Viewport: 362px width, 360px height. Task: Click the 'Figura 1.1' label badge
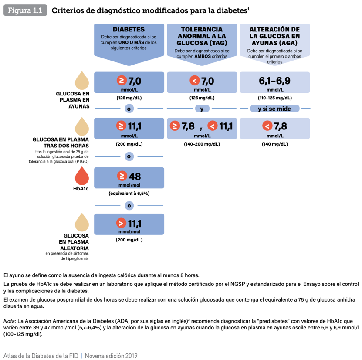[25, 11]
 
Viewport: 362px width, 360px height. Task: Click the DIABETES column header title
[129, 29]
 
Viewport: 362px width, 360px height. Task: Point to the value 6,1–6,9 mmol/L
[274, 82]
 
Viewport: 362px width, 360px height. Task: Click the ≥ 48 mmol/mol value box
[129, 179]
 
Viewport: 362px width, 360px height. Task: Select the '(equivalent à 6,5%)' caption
[129, 193]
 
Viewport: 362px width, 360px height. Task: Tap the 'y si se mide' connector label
[275, 109]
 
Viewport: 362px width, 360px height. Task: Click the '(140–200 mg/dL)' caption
[202, 144]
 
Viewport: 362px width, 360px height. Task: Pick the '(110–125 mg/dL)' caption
[275, 98]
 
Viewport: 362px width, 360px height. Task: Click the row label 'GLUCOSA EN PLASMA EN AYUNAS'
[73, 100]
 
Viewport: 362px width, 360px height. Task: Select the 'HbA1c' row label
[81, 189]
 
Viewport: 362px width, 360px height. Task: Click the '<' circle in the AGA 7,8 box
[266, 126]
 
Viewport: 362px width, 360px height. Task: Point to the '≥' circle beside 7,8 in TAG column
[175, 126]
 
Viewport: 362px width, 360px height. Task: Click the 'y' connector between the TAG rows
[202, 109]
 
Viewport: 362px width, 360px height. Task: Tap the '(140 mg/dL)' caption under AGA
[275, 144]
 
